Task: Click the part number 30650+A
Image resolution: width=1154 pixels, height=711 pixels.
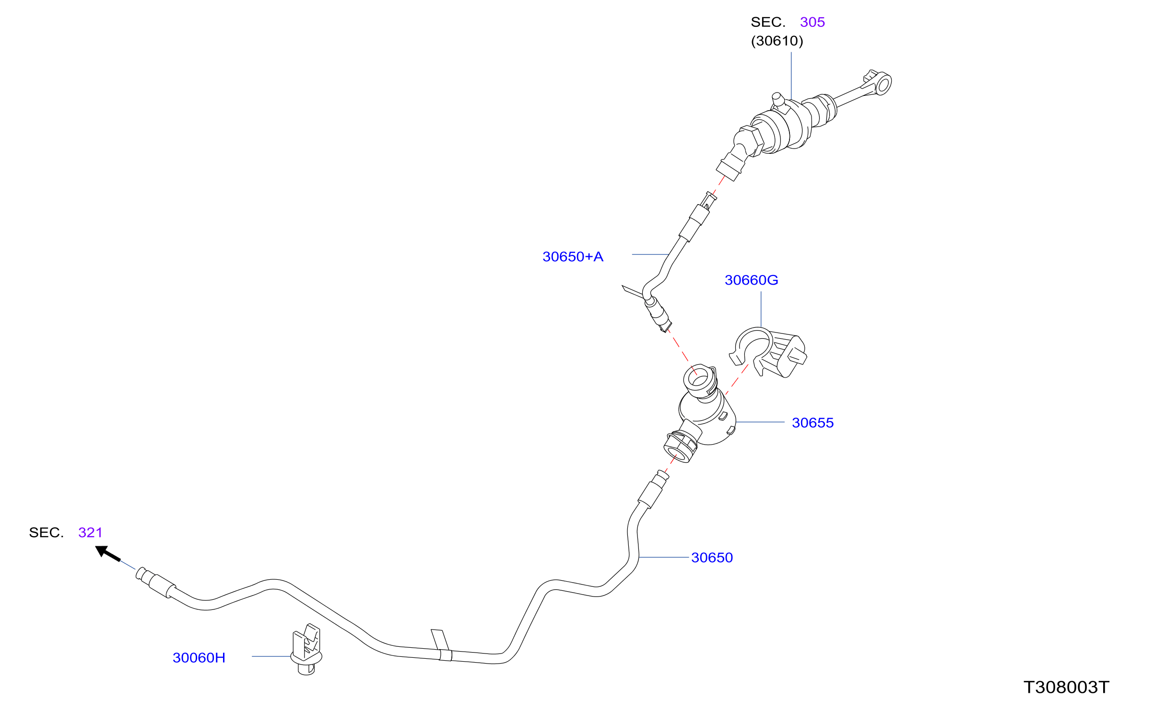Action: pyautogui.click(x=573, y=257)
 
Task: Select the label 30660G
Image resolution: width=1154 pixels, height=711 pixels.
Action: pyautogui.click(x=751, y=280)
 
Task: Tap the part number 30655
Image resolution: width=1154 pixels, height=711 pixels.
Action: pyautogui.click(x=813, y=423)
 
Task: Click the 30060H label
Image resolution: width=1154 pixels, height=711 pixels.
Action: pyautogui.click(x=199, y=657)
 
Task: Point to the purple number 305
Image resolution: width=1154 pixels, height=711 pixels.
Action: pyautogui.click(x=813, y=22)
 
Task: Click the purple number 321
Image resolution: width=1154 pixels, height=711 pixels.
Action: pyautogui.click(x=90, y=532)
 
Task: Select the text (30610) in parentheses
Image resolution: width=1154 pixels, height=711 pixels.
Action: pyautogui.click(x=777, y=41)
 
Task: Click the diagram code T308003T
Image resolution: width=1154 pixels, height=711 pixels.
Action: pyautogui.click(x=1066, y=687)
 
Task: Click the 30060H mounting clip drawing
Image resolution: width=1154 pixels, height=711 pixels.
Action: pyautogui.click(x=306, y=649)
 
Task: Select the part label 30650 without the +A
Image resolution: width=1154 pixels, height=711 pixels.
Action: pyautogui.click(x=712, y=557)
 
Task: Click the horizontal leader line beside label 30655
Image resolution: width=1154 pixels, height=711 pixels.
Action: pyautogui.click(x=760, y=422)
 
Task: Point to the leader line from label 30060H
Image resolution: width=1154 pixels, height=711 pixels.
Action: pyautogui.click(x=271, y=656)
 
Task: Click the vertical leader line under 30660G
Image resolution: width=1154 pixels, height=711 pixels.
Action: pyautogui.click(x=761, y=310)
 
